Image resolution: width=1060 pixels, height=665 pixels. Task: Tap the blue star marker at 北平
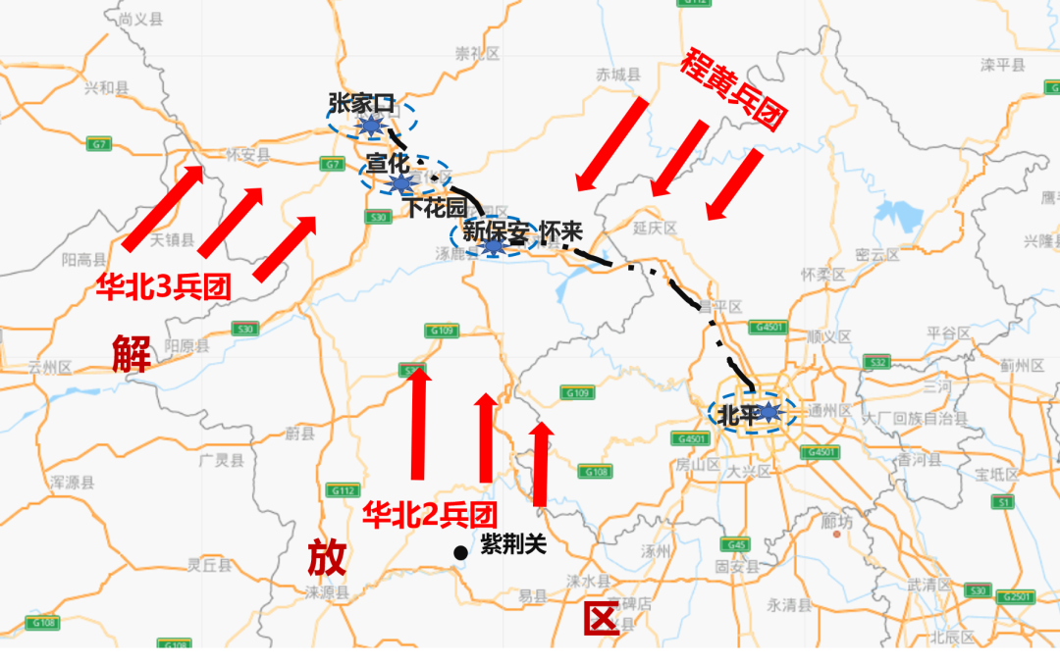pos(768,413)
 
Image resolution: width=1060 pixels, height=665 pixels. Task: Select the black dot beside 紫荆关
pos(460,553)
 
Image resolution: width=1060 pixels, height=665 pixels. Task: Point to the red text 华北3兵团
pos(163,286)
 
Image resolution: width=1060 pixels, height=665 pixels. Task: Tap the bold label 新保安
pos(496,232)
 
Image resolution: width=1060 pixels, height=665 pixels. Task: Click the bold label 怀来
pos(561,232)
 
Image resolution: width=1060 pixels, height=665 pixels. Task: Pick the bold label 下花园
pos(437,208)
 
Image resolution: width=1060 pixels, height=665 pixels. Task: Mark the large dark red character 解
pos(131,354)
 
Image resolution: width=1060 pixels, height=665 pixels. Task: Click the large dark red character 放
pos(327,558)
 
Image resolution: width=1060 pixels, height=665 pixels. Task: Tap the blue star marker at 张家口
pos(370,126)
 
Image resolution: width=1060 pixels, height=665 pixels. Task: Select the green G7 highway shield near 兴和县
pos(97,144)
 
